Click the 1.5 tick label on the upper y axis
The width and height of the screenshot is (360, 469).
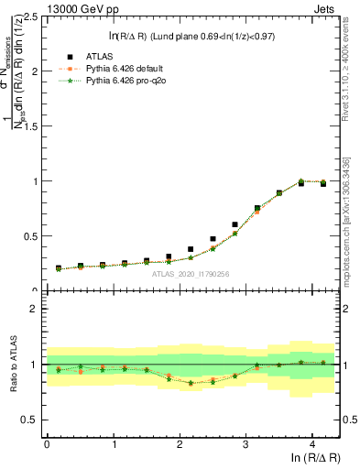pos(31,126)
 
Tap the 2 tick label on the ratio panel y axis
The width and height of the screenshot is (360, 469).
pos(36,309)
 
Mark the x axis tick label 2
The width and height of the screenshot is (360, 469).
pos(179,444)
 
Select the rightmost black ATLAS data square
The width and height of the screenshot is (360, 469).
pos(323,184)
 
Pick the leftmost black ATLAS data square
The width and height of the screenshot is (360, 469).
pos(59,268)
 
